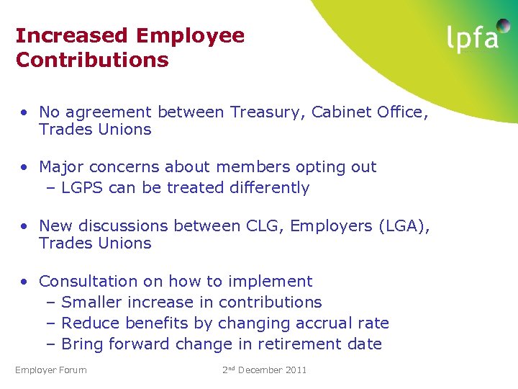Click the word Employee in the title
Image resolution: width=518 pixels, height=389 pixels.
(189, 35)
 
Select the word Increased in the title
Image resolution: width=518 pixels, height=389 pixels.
(71, 35)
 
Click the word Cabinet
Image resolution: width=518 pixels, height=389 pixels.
(337, 112)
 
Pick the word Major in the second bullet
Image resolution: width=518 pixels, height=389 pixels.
(60, 167)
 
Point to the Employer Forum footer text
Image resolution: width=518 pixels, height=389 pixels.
(51, 370)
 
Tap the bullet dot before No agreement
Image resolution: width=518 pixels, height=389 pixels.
(24, 113)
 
